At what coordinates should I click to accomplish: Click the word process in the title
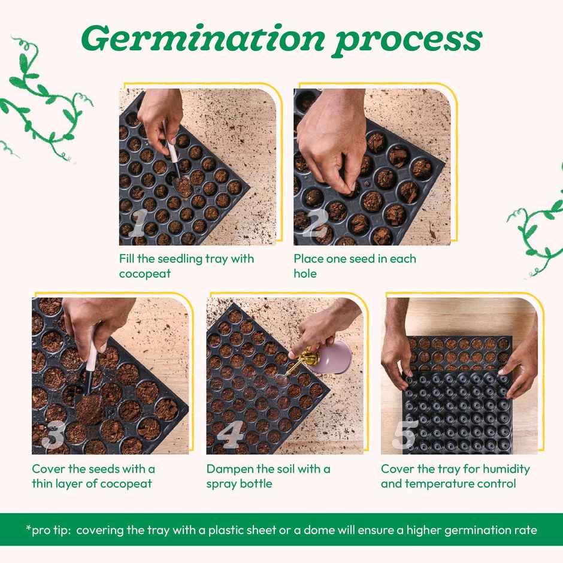tap(408, 40)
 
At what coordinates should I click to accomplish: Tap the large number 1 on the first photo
tap(137, 225)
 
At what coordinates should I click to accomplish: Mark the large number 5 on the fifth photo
tap(405, 435)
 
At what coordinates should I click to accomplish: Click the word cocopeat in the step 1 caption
tap(145, 274)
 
